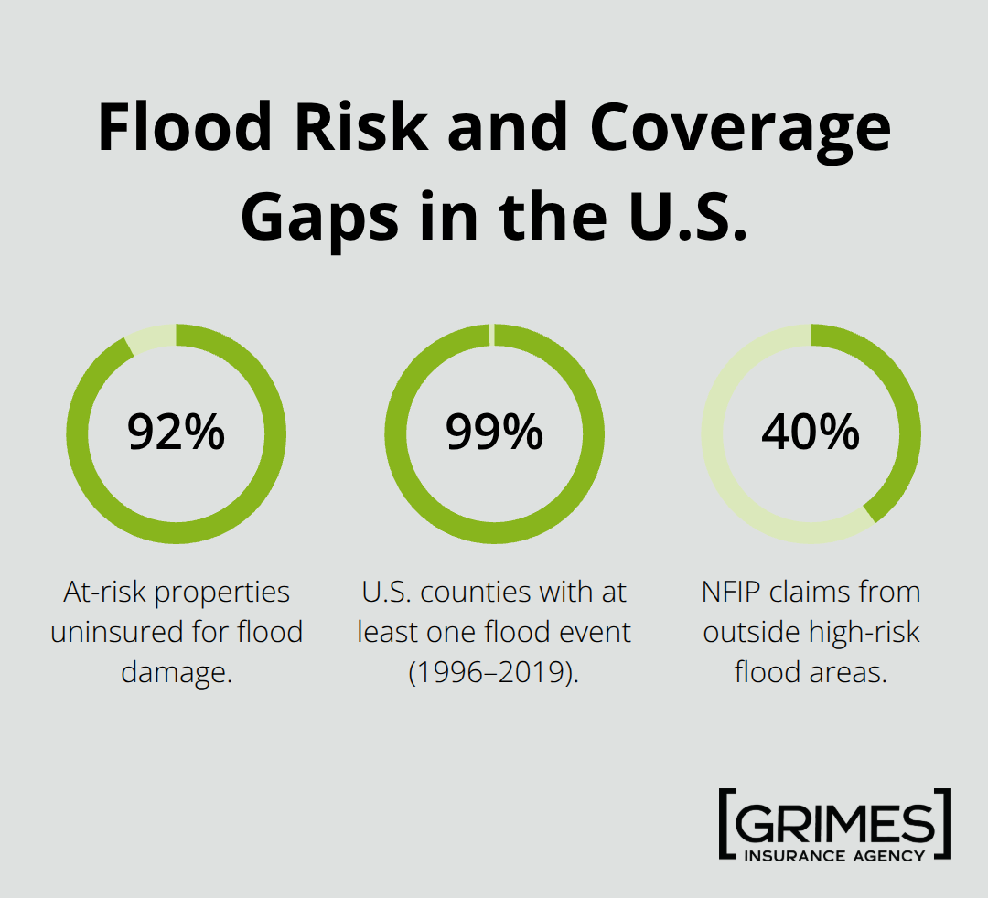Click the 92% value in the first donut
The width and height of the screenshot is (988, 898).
point(176,433)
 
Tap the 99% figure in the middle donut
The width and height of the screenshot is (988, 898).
point(494,433)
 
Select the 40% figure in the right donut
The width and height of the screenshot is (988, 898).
point(811,433)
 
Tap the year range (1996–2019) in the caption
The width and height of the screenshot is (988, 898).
point(494,672)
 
